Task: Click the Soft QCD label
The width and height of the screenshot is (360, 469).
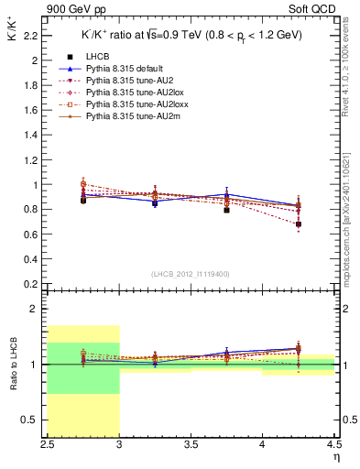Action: (317, 10)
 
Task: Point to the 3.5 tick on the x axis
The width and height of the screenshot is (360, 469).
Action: (191, 444)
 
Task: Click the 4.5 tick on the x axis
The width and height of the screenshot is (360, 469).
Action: (333, 444)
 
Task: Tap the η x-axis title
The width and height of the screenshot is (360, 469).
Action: (335, 455)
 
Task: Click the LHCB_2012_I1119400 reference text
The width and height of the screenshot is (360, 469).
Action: (190, 274)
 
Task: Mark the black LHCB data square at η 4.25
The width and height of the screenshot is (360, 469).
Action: (299, 224)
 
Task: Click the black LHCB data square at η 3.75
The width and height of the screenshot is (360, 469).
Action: (226, 210)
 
